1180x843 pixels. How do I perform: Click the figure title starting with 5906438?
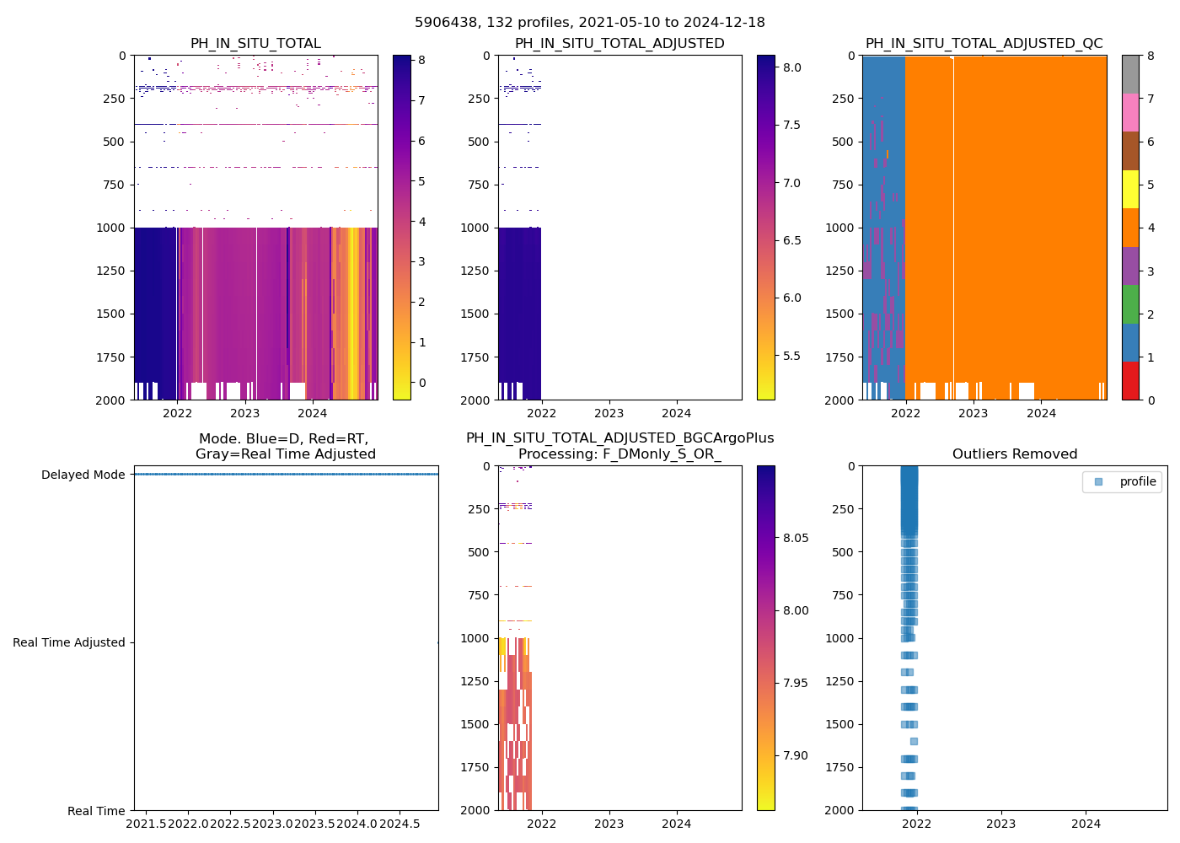click(590, 23)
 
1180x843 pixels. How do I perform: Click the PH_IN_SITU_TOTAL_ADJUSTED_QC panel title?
click(984, 44)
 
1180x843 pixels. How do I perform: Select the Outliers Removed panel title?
click(1014, 454)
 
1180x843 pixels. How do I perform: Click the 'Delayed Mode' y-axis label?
click(83, 475)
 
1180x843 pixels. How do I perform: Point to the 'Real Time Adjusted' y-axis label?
click(68, 642)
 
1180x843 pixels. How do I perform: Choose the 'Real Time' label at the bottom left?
click(96, 811)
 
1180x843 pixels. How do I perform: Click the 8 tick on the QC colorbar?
click(1150, 56)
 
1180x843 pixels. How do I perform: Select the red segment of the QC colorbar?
click(1130, 380)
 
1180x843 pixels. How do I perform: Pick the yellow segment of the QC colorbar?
click(1130, 189)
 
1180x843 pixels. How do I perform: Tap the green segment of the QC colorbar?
click(1130, 303)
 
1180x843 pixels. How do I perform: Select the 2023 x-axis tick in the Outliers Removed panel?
click(1000, 824)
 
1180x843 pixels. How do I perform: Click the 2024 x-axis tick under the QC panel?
click(1041, 413)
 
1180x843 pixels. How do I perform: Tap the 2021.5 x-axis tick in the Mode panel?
click(147, 824)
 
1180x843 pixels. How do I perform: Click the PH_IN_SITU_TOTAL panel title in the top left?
click(255, 44)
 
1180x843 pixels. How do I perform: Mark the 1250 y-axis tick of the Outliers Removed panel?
click(839, 681)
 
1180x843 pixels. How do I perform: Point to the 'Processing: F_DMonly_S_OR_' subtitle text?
click(619, 454)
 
